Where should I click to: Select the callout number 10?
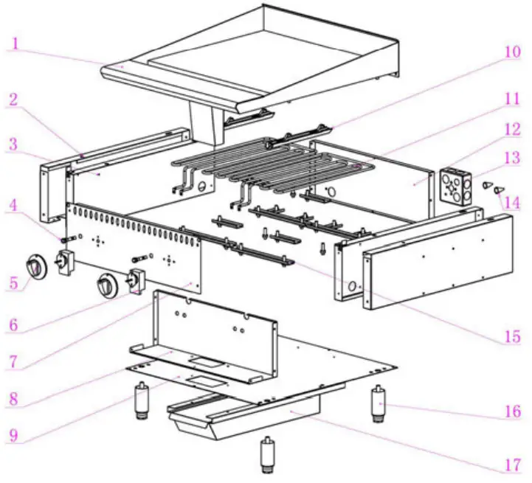coord(513,53)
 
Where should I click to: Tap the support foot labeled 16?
coord(379,404)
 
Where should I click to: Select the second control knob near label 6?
coord(108,283)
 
